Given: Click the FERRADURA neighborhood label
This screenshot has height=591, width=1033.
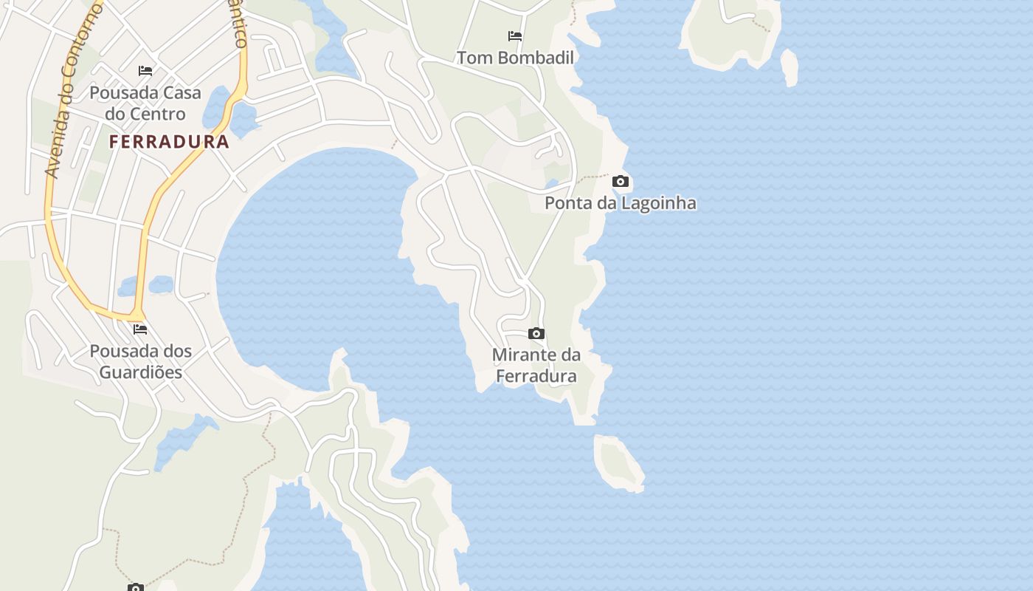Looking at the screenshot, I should click(x=170, y=142).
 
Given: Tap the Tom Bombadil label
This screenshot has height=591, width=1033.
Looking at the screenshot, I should click(x=515, y=58).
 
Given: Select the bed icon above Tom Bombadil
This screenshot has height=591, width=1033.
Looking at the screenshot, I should click(x=515, y=35).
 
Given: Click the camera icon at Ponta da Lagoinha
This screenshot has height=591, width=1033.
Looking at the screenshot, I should click(x=621, y=181).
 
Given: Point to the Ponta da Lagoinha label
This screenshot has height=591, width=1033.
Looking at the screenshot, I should click(x=620, y=202).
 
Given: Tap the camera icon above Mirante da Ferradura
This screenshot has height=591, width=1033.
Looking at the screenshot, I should click(x=536, y=334).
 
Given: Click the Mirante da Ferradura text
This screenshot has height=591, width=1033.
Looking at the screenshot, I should click(x=536, y=366).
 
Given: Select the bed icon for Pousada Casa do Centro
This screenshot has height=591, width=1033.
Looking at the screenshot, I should click(x=145, y=71).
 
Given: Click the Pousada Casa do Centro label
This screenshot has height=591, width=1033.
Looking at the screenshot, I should click(x=145, y=103).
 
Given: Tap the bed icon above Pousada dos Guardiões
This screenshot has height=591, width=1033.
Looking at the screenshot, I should click(x=139, y=329).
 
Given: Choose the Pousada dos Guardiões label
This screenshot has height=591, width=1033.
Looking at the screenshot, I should click(x=141, y=361).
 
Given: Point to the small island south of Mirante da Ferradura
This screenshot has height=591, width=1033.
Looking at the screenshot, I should click(x=617, y=462).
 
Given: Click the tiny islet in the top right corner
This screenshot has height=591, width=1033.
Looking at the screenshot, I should click(x=790, y=66).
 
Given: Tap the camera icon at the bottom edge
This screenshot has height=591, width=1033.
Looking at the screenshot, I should click(x=135, y=587).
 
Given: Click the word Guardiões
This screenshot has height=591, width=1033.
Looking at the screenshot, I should click(x=141, y=372).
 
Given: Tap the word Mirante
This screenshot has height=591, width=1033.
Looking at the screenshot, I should click(x=525, y=355).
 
